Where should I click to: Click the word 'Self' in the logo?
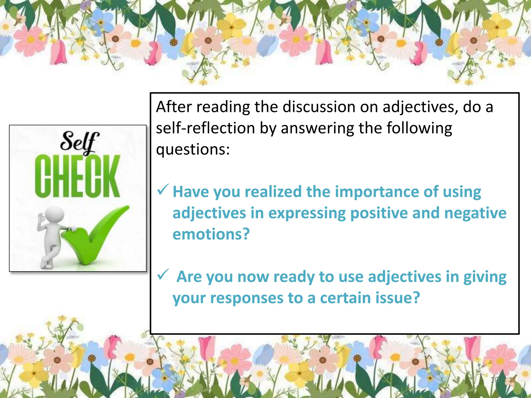point(79,142)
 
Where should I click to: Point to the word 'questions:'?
point(193,150)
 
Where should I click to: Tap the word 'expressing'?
point(307,213)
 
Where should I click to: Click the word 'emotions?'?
point(211,234)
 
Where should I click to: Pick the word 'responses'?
point(247,298)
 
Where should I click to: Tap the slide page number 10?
point(494,380)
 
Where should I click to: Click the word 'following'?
point(419,128)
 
